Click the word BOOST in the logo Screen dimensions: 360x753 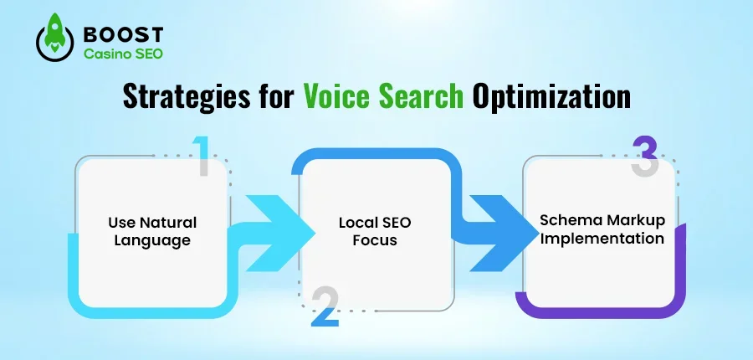click(123, 35)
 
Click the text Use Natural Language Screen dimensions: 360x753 click(152, 232)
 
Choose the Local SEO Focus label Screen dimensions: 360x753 click(375, 232)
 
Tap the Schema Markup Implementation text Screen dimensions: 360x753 click(602, 230)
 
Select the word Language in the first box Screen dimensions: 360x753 click(152, 241)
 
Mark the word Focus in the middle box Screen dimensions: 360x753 click(375, 241)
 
